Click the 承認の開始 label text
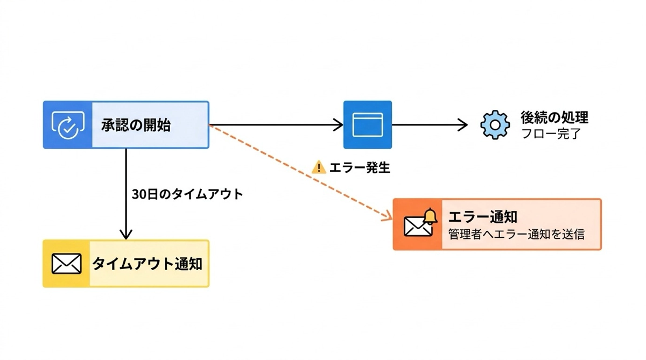(x=136, y=125)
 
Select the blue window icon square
(x=368, y=125)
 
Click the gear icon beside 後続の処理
(x=494, y=125)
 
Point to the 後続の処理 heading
(x=554, y=117)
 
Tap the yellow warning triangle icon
(x=319, y=167)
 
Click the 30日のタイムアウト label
(x=187, y=194)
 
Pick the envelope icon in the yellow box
(x=67, y=264)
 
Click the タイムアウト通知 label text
(x=147, y=264)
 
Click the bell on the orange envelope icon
(x=430, y=216)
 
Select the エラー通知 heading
(x=482, y=217)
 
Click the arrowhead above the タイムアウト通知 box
(x=125, y=235)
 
